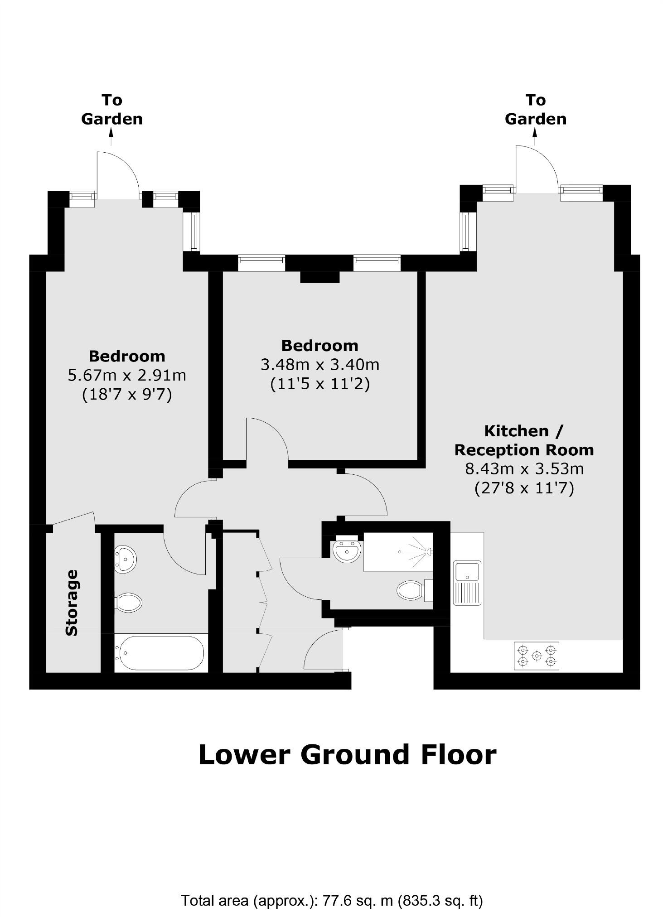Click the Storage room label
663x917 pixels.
(x=72, y=603)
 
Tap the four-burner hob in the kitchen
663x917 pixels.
(x=537, y=655)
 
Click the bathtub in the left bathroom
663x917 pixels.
(x=160, y=653)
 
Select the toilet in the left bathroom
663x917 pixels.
(x=129, y=603)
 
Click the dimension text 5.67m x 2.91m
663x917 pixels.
(x=127, y=375)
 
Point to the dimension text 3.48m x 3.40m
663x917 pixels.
(x=320, y=364)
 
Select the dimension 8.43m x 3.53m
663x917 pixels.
(x=524, y=468)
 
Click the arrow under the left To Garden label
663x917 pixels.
(x=111, y=136)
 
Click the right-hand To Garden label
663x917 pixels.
(x=535, y=109)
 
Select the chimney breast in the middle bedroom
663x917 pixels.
(x=320, y=276)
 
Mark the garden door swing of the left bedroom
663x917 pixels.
(x=118, y=174)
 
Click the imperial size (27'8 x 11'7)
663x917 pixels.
(x=524, y=488)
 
